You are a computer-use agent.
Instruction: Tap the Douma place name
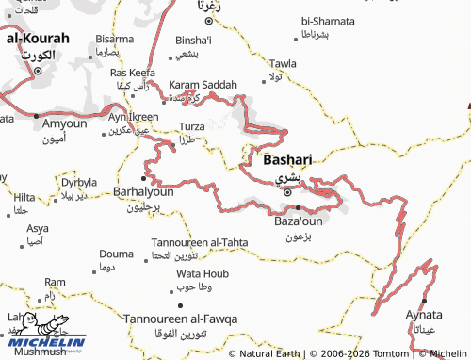(x=116, y=254)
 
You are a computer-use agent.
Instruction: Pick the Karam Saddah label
(x=203, y=85)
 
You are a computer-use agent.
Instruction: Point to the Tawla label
(x=284, y=63)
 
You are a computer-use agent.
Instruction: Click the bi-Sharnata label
(x=328, y=20)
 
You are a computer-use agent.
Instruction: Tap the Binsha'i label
(x=194, y=41)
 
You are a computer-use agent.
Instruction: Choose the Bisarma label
(x=114, y=40)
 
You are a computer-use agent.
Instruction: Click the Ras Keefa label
(x=133, y=73)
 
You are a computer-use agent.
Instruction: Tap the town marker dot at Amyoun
(x=37, y=116)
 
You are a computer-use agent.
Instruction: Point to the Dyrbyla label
(x=79, y=182)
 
